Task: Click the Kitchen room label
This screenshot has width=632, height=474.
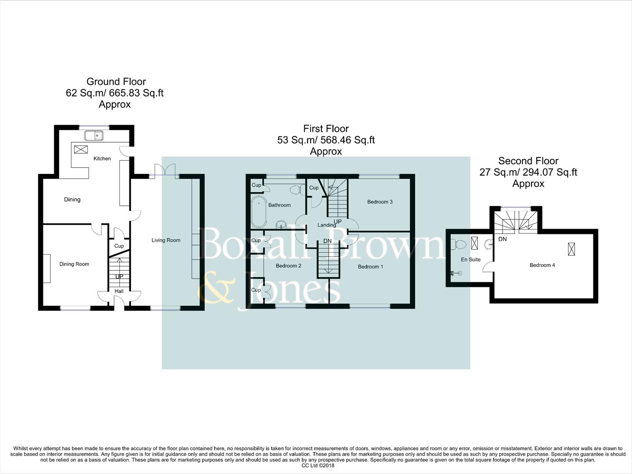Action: [x=102, y=158]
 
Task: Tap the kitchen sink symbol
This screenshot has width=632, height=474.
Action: [x=94, y=136]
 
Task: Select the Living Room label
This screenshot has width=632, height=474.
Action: [x=166, y=240]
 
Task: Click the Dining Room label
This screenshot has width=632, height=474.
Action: [x=74, y=264]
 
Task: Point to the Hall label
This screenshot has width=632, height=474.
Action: [x=119, y=291]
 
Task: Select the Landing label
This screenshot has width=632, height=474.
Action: [x=327, y=225]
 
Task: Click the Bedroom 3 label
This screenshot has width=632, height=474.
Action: [x=380, y=202]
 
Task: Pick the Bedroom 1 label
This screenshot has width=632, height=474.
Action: [x=371, y=266]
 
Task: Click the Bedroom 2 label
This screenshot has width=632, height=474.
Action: [x=288, y=266]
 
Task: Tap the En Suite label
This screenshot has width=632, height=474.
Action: [x=471, y=259]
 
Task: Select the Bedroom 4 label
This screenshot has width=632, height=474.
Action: [x=542, y=265]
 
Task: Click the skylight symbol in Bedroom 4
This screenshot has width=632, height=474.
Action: [x=571, y=249]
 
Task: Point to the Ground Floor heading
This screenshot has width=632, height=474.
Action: [x=116, y=82]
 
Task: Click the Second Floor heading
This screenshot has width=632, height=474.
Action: [x=528, y=161]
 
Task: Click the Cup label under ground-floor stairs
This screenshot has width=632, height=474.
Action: [x=119, y=246]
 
